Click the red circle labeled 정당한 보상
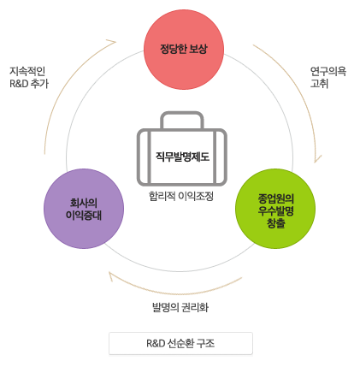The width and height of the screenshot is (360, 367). click(184, 50)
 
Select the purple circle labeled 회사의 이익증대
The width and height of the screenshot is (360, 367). click(84, 209)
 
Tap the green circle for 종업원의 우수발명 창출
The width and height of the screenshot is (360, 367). click(275, 209)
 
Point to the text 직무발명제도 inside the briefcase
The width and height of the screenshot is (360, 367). click(182, 157)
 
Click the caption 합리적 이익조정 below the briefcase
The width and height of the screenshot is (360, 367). click(181, 196)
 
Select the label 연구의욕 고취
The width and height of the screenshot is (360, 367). click(328, 77)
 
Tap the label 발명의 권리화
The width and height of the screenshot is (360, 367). click(180, 307)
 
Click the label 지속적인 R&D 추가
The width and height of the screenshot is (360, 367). click(29, 77)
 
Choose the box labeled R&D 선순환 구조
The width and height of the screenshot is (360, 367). click(180, 343)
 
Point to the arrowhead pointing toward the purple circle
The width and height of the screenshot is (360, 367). click(111, 275)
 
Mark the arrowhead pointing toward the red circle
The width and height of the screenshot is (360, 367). click(113, 42)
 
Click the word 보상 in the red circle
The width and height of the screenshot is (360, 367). click(198, 49)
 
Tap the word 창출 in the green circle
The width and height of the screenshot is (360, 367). click(276, 223)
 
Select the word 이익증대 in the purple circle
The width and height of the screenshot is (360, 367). click(84, 215)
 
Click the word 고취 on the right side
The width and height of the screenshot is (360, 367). click(319, 84)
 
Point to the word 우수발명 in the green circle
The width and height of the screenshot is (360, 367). click(276, 210)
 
